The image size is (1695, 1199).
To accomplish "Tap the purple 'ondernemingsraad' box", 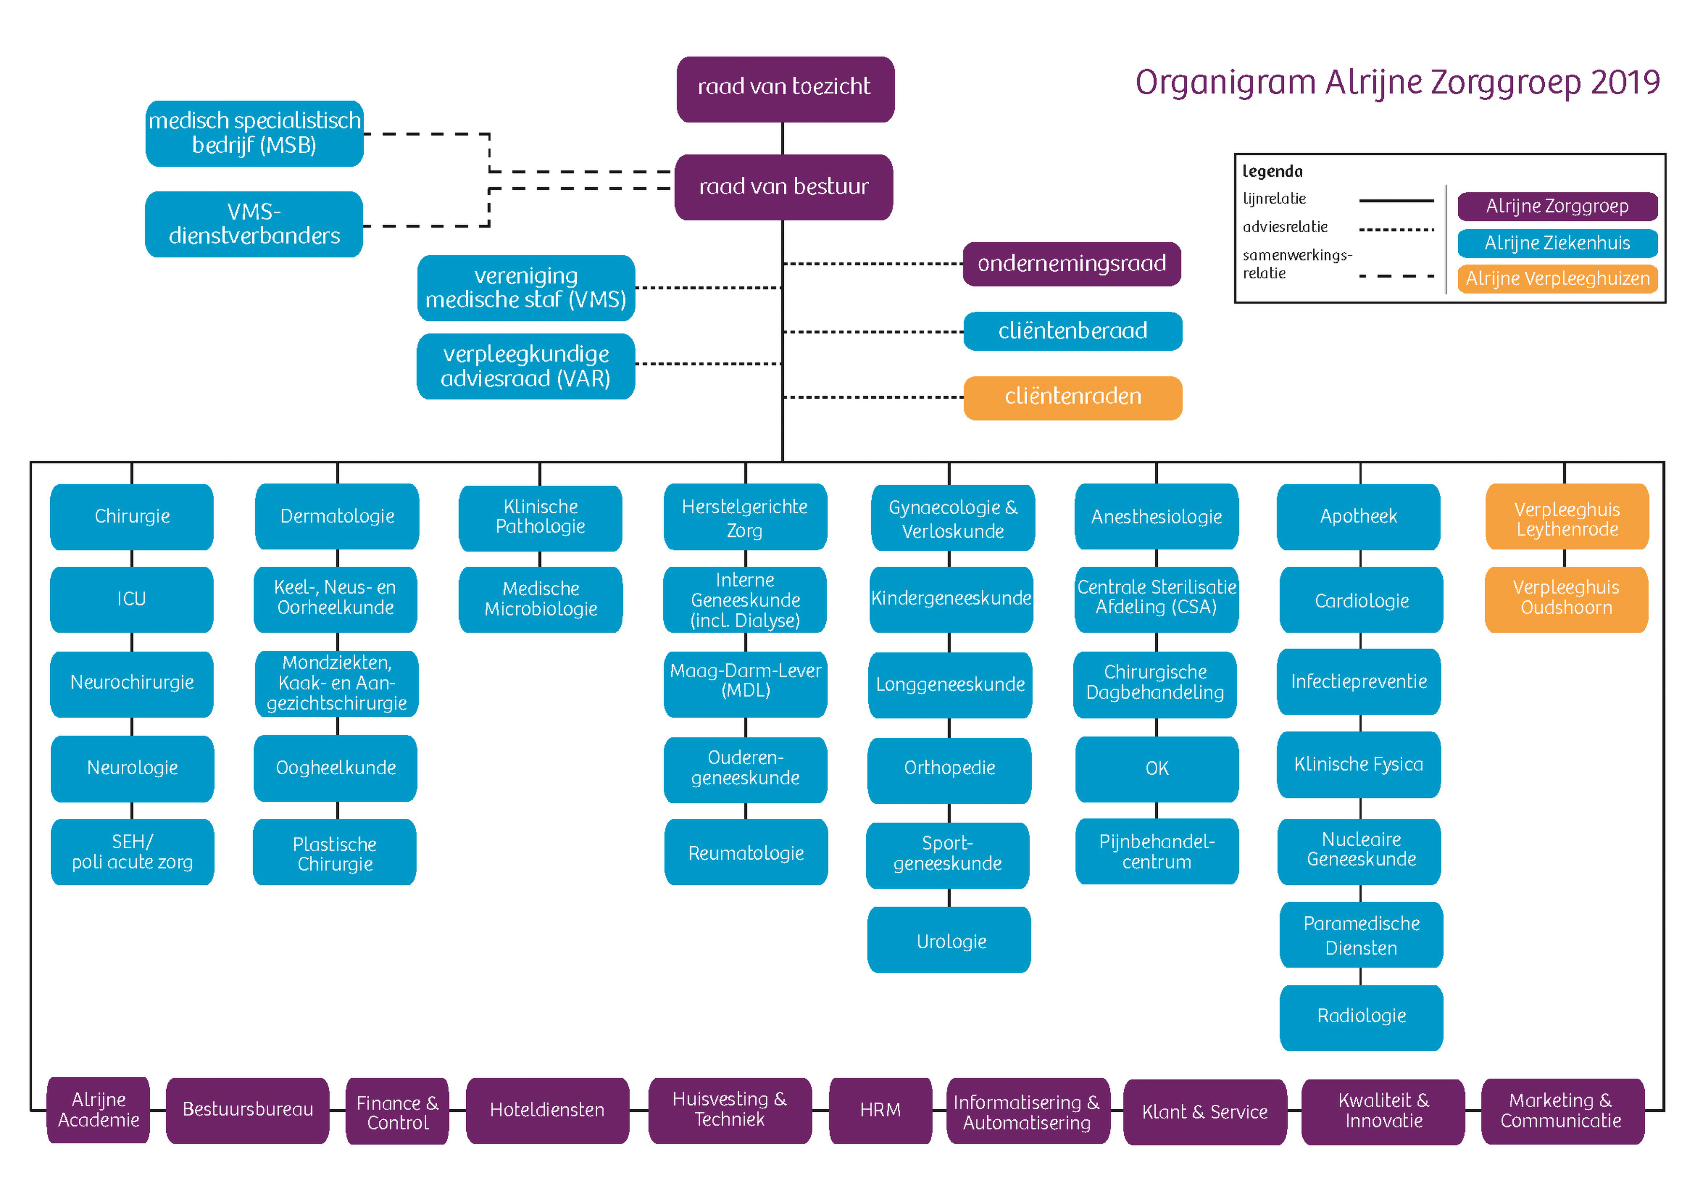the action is (x=1071, y=263).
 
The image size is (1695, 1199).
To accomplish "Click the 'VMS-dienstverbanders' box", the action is (x=254, y=224).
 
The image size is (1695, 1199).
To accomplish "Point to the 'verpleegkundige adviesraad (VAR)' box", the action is (x=526, y=366).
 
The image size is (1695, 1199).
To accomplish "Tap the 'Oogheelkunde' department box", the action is (x=335, y=768).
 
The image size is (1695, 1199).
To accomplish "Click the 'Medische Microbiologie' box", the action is (x=540, y=599).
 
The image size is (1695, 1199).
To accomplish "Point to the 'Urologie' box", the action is (x=949, y=940).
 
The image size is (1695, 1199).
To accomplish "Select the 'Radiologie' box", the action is (x=1361, y=1017).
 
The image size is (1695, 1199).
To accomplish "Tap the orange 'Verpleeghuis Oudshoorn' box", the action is (x=1566, y=599).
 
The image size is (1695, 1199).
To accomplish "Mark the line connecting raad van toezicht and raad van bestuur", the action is (x=783, y=139).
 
